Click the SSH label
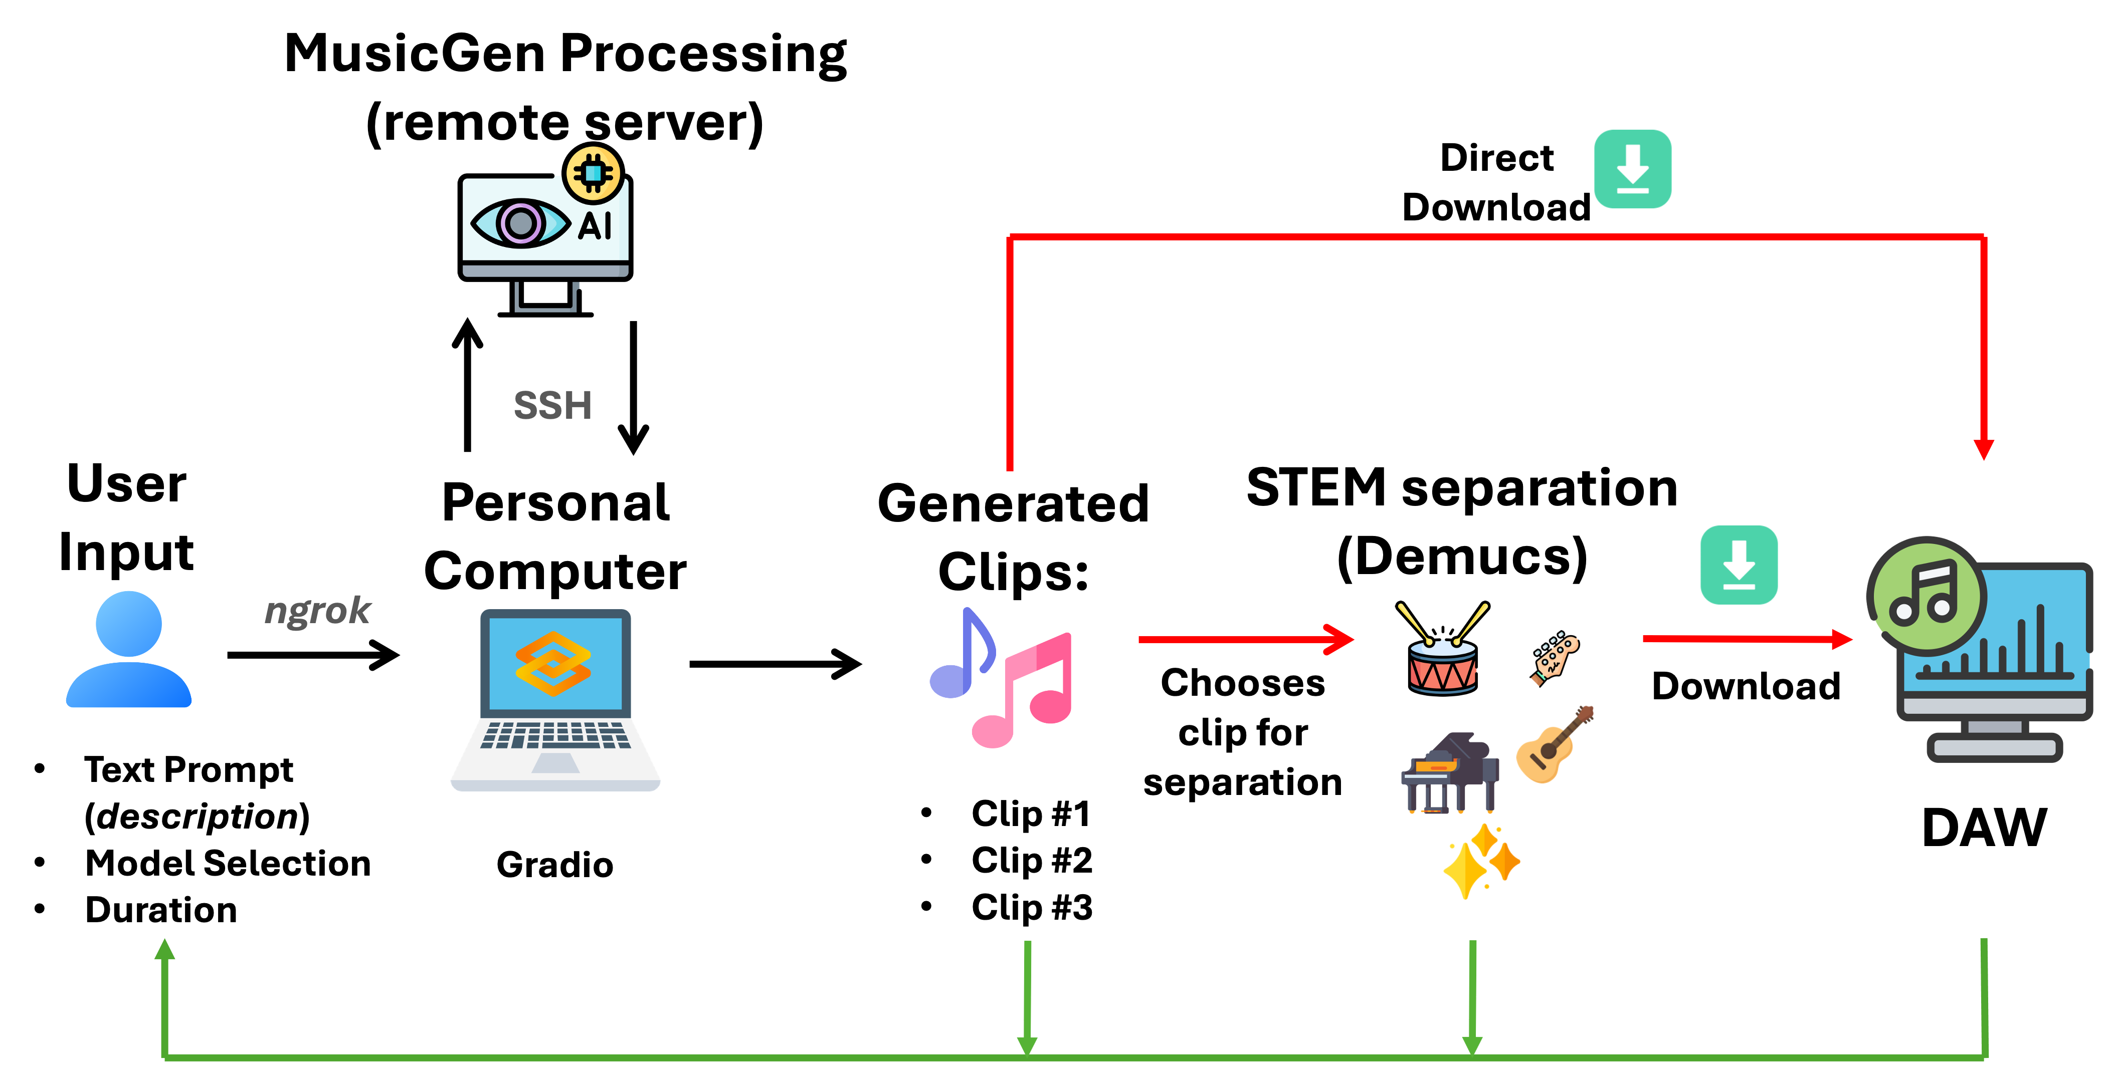552,405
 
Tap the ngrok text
318,611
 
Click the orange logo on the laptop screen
553,663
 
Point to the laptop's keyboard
555,735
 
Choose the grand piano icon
1450,773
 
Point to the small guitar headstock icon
1554,657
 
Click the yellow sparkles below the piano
1481,862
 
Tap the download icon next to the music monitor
1739,565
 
